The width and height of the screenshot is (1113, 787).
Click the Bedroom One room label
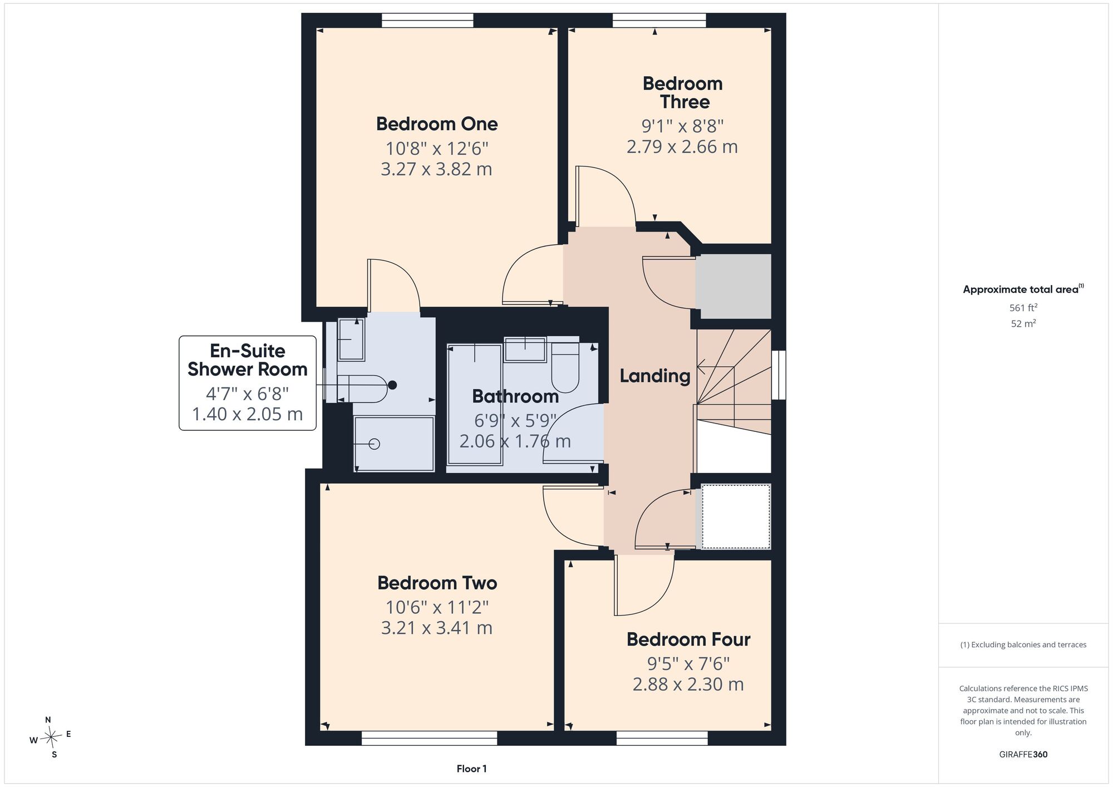[437, 124]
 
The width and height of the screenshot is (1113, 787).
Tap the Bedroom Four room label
[688, 640]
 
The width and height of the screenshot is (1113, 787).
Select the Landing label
[655, 376]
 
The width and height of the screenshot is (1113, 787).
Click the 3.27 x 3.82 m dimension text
[436, 169]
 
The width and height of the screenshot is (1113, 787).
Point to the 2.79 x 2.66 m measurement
[682, 147]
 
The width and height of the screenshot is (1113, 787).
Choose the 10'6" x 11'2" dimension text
[437, 607]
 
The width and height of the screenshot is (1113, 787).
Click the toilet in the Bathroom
[565, 367]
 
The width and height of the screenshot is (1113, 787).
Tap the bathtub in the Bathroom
[475, 405]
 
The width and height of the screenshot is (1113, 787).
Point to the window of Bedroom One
[427, 21]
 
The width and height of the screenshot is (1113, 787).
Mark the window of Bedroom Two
[429, 738]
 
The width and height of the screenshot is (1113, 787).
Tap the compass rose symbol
[51, 738]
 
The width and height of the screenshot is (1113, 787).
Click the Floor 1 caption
[471, 769]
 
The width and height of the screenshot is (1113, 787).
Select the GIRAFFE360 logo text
[1023, 755]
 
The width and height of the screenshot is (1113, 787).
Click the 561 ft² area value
[1023, 307]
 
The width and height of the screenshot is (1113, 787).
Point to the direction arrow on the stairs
[715, 367]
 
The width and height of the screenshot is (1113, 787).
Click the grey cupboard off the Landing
[733, 287]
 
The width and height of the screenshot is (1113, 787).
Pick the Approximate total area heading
[1023, 289]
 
